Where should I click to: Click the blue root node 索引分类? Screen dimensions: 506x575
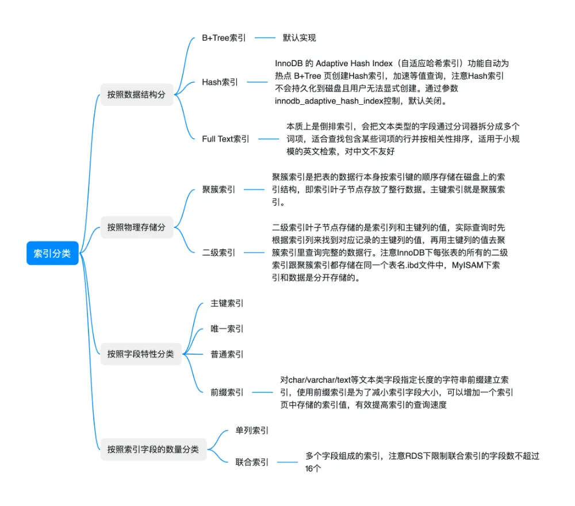coord(52,253)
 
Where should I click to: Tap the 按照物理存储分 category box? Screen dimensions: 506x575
coord(136,227)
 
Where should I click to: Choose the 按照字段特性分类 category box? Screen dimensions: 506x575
coord(140,354)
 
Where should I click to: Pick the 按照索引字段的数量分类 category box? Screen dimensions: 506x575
coord(153,449)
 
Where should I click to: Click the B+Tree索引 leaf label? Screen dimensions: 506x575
coord(224,38)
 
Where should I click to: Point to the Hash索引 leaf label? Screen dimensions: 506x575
coord(220,82)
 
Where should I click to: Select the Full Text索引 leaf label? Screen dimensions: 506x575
coord(225,139)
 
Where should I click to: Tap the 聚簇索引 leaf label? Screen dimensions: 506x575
coord(218,189)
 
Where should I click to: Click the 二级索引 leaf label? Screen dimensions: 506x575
coord(218,252)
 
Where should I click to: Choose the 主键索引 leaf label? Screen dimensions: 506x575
coord(227,303)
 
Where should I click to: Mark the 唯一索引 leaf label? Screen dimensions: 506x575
coord(227,329)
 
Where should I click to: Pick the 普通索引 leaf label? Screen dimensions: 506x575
coord(227,354)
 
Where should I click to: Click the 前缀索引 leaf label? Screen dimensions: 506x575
coord(227,392)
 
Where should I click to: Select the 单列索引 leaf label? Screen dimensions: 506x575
coord(252,430)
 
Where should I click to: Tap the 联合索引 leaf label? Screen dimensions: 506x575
coord(252,462)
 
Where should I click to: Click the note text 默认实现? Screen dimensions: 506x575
coord(299,38)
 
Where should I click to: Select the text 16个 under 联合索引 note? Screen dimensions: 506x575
coord(313,469)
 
